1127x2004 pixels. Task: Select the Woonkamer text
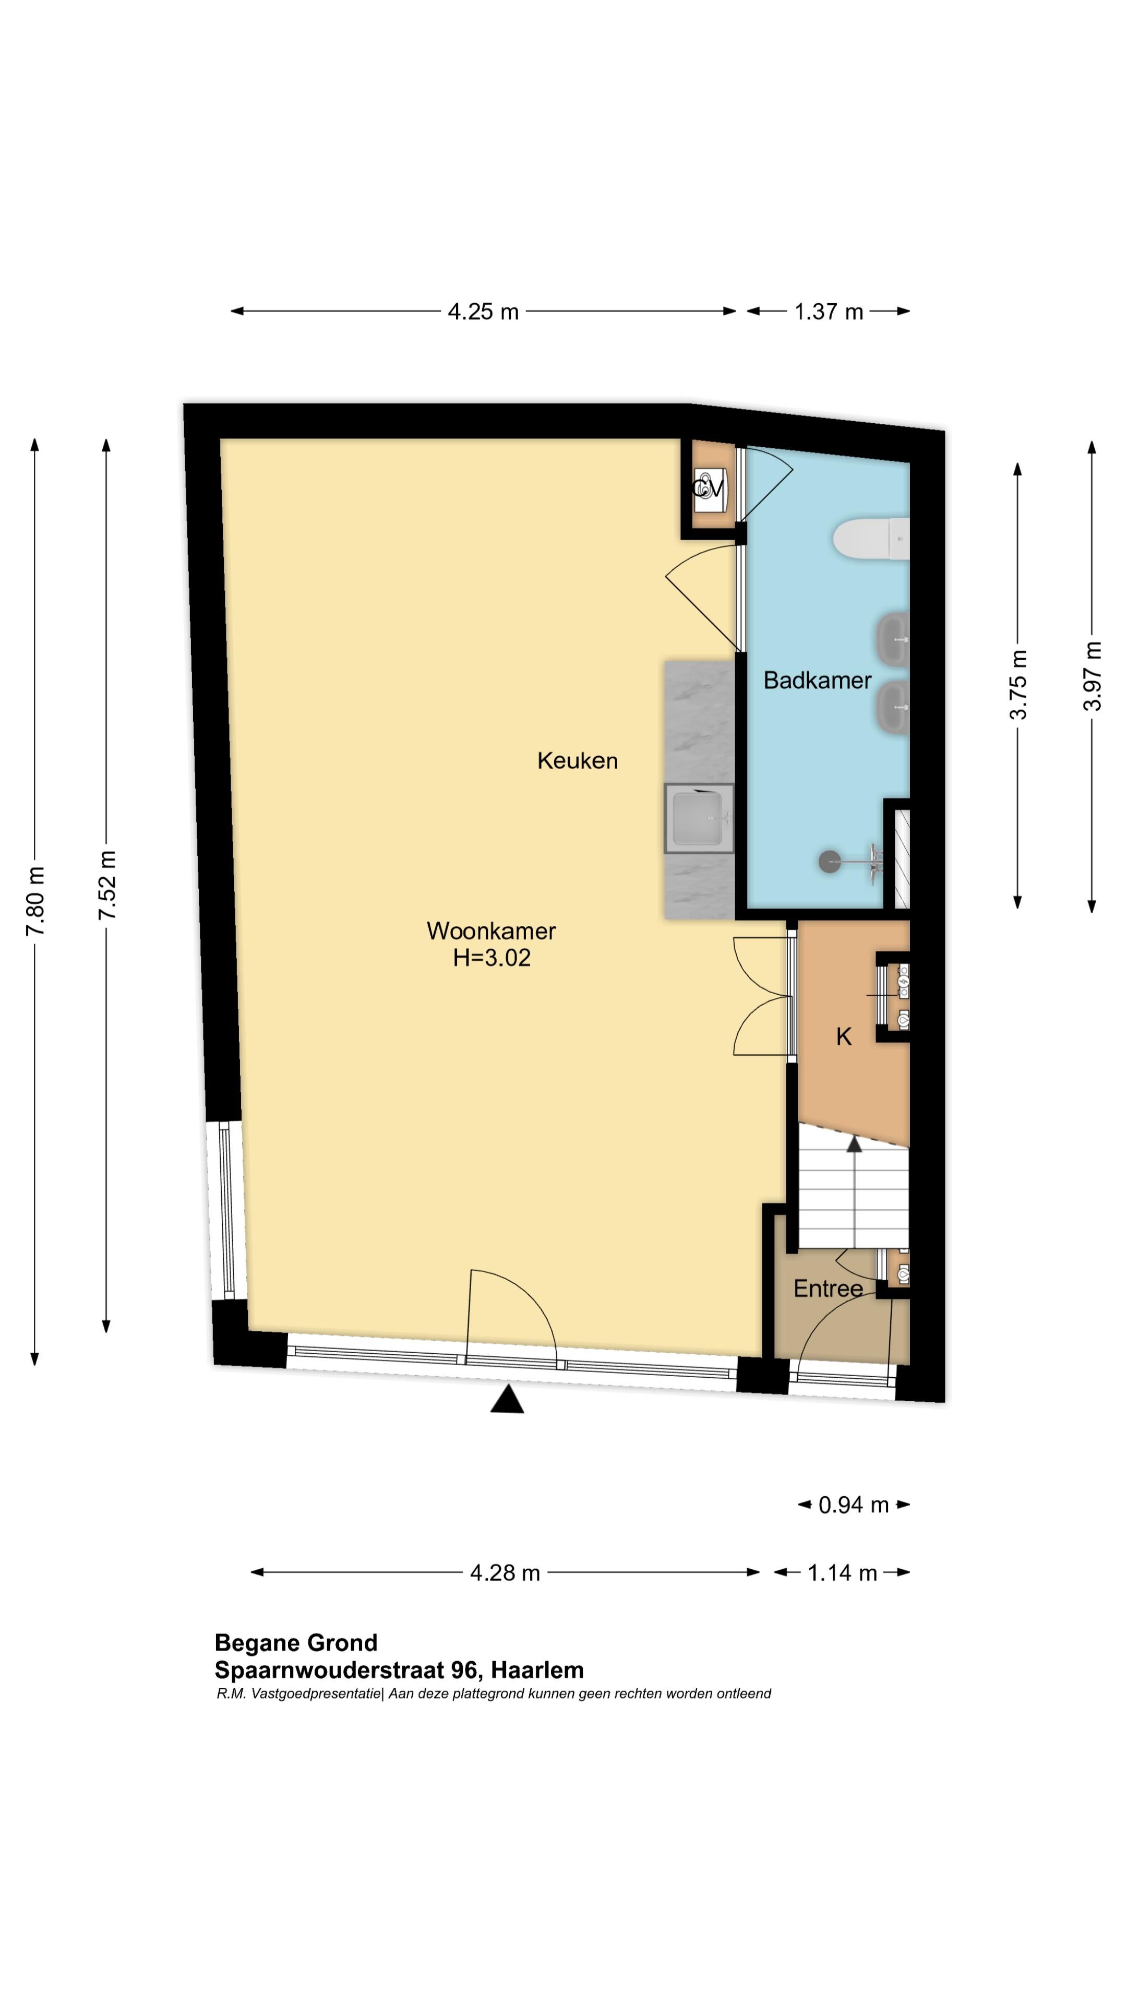(491, 931)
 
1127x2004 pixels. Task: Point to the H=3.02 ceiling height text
(491, 958)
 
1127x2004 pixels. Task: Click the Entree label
(828, 1289)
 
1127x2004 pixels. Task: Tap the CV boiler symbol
(709, 490)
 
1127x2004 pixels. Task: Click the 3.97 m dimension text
(1092, 675)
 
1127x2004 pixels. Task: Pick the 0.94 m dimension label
(853, 1505)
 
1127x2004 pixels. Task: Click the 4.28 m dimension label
(505, 1572)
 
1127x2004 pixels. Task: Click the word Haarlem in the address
(537, 1669)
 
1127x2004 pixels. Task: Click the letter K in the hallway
(844, 1036)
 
